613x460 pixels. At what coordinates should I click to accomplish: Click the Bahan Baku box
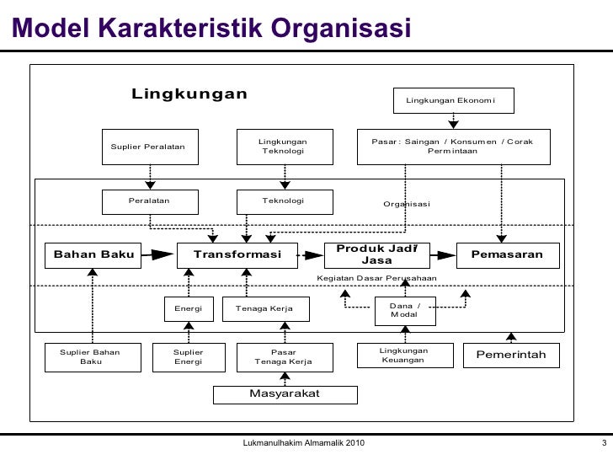[93, 254]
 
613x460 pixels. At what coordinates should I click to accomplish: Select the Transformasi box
[237, 254]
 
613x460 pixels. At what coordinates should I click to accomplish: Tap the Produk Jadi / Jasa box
[377, 254]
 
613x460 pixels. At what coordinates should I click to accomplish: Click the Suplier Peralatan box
[148, 147]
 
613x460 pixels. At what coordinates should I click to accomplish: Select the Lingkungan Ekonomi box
[451, 101]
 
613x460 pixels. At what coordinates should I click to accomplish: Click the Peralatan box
[149, 201]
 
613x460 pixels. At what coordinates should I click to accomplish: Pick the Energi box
[189, 309]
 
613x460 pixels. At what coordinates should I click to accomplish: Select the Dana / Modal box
[404, 310]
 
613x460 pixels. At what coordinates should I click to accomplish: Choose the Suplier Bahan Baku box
[90, 356]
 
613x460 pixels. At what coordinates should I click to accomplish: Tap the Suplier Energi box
[188, 356]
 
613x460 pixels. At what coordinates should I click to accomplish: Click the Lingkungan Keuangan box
[403, 356]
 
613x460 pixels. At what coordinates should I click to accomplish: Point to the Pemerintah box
[511, 356]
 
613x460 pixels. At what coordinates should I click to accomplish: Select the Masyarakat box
[285, 394]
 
